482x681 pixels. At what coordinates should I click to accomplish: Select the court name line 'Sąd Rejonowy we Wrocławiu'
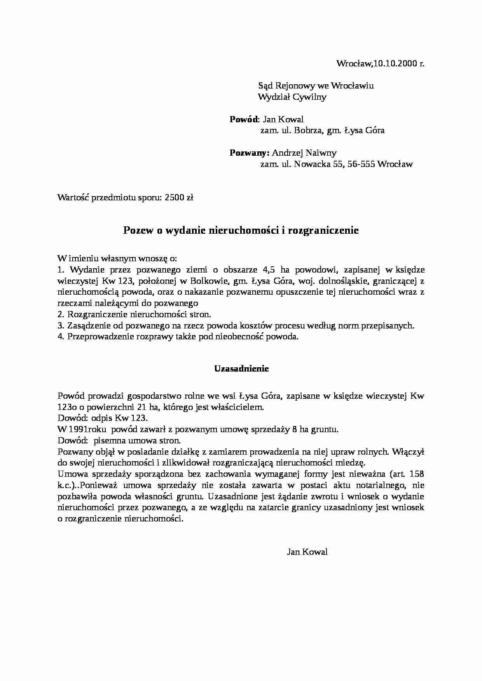[316, 85]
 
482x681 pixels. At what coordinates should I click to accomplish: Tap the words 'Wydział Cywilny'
[292, 97]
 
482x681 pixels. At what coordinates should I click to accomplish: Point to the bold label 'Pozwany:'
[249, 153]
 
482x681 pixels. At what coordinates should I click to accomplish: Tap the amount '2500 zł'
[179, 197]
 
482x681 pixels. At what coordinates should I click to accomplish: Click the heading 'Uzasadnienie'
[241, 368]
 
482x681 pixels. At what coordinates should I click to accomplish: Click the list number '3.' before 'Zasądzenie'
[61, 325]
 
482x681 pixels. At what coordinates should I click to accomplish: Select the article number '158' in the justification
[417, 474]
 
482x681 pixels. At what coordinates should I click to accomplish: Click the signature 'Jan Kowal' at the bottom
[307, 552]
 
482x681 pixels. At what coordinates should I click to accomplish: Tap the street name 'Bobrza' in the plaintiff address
[308, 130]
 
